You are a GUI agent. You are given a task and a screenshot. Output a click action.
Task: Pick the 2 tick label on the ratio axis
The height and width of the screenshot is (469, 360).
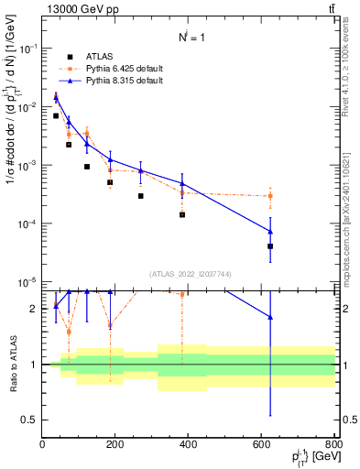click(35, 309)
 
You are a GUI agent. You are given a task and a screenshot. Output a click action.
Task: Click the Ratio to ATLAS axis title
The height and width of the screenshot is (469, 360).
click(12, 364)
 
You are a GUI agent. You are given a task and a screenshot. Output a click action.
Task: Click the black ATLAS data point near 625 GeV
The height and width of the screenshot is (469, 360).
click(270, 246)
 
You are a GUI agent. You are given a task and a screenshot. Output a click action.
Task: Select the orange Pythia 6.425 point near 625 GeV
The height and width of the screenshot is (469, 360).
click(270, 196)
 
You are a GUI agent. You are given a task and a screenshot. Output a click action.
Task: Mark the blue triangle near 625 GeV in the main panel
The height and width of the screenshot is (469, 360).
click(270, 231)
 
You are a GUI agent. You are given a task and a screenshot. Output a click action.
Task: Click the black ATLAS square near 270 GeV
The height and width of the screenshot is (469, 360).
click(141, 196)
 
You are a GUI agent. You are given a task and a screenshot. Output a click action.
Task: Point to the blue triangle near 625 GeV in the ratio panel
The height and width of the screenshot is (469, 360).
click(270, 317)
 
